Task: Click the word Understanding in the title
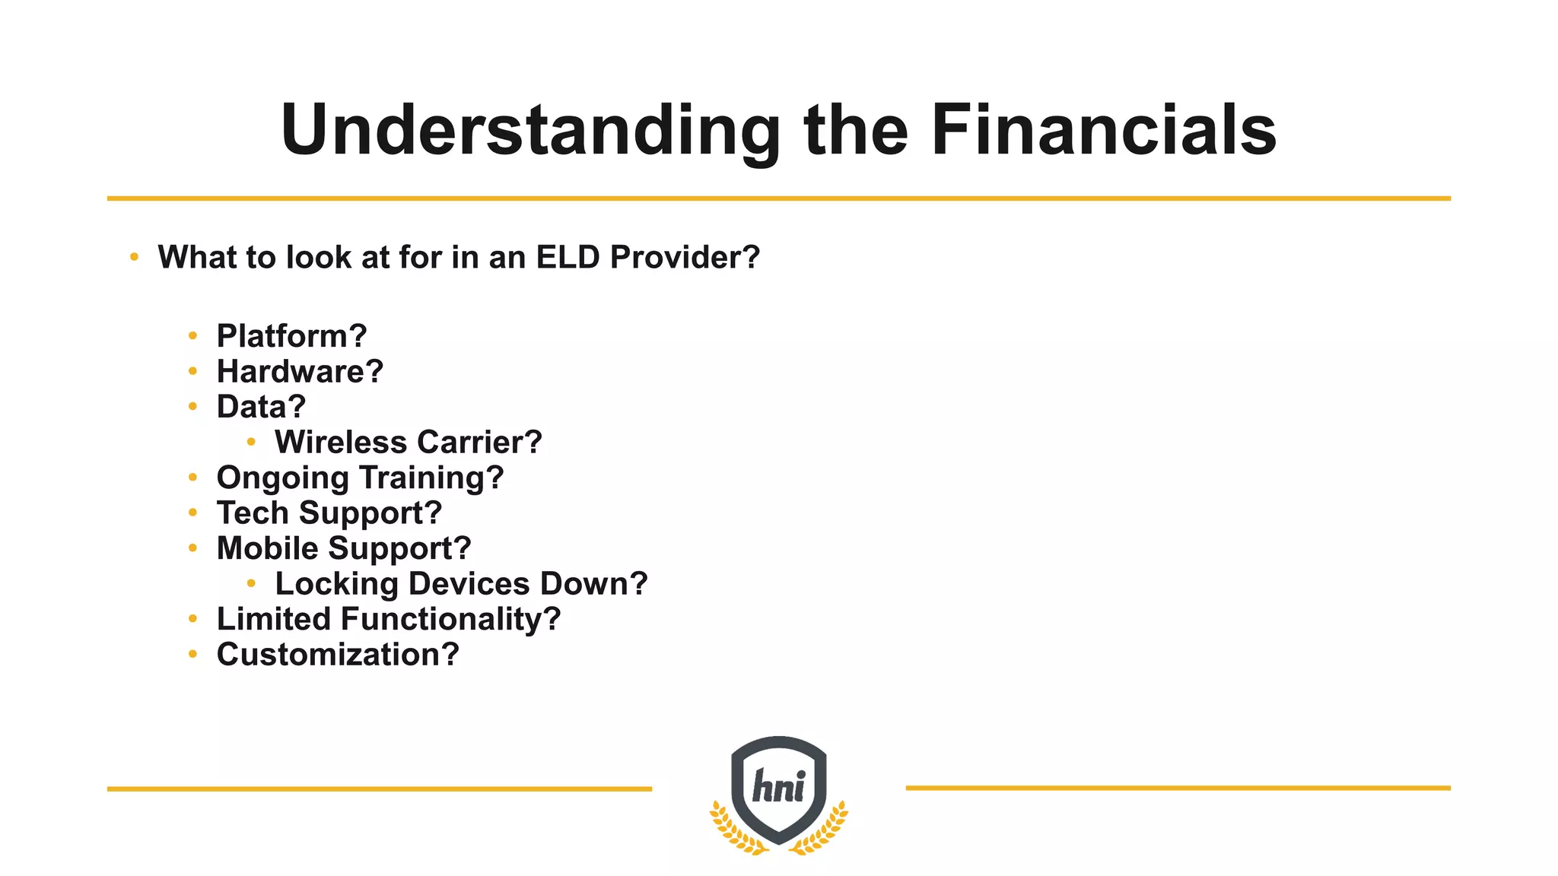pos(530,131)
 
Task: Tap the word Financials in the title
pos(1103,131)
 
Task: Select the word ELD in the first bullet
pos(568,257)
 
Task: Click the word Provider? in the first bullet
pos(685,257)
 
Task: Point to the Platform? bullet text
pos(291,335)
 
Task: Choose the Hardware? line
pos(300,371)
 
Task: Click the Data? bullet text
pos(261,407)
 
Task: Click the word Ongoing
pos(282,478)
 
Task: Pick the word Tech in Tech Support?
pos(253,513)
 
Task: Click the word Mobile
pos(267,548)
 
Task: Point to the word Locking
pos(336,584)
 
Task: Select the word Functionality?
pos(450,619)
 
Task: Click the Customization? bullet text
pos(338,655)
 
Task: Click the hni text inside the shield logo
pos(778,786)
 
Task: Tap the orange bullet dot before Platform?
pos(193,335)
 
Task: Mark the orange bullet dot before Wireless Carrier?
pos(252,442)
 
